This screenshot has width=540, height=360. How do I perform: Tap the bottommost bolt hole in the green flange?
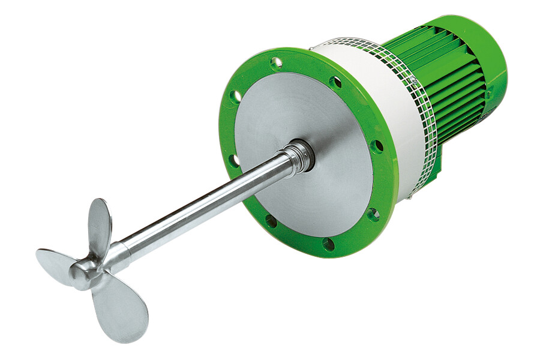point(328,244)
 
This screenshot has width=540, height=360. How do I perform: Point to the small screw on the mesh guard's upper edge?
point(412,79)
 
